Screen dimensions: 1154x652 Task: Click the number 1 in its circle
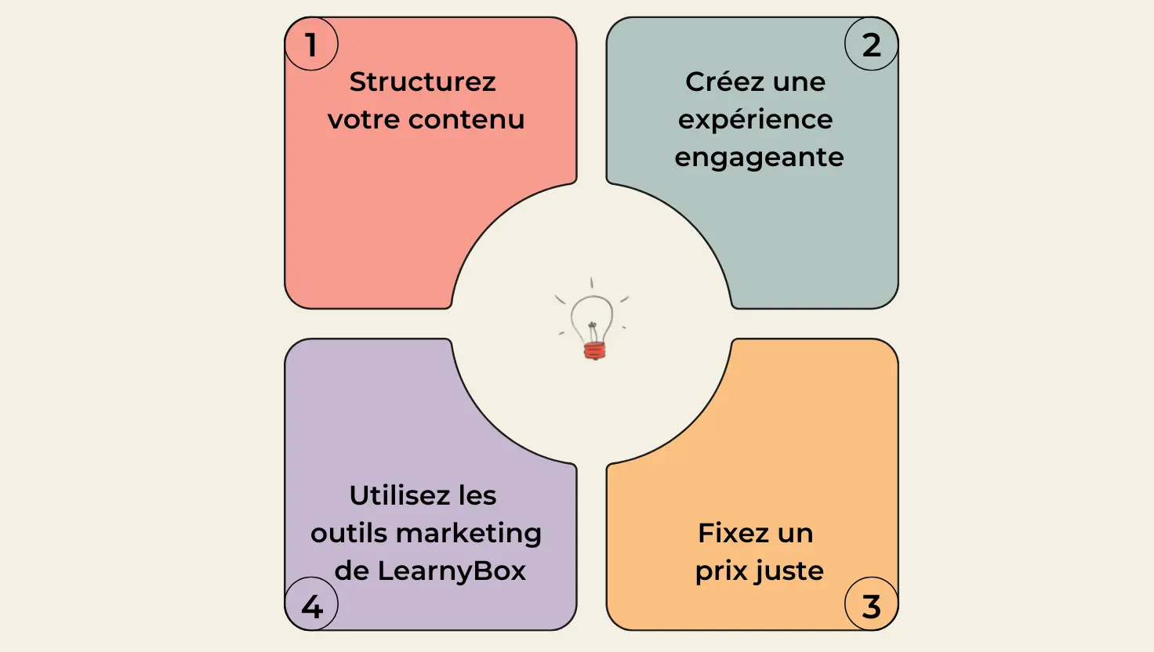click(310, 45)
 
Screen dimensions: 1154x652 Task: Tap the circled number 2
click(872, 45)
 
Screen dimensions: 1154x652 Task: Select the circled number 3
click(872, 607)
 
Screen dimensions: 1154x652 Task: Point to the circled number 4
click(312, 607)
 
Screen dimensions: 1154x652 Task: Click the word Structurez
click(423, 81)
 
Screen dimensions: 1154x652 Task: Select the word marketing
click(469, 534)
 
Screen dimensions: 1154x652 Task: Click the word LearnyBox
click(452, 571)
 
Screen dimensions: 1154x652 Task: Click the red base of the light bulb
click(594, 351)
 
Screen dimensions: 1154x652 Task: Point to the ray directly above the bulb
click(591, 283)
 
